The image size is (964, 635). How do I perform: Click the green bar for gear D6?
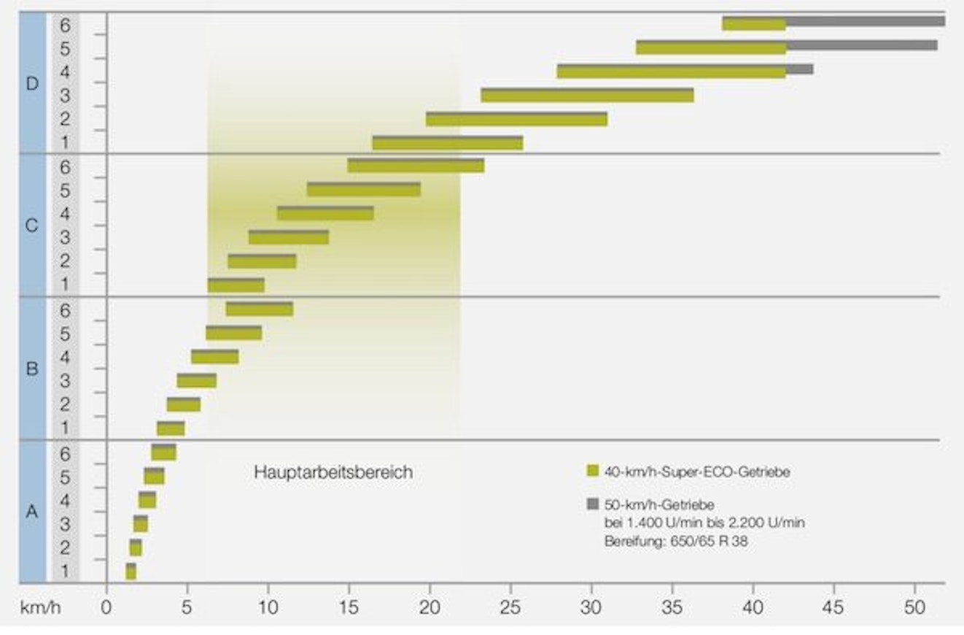[x=753, y=25]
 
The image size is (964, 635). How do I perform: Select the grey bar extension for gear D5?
[x=861, y=45]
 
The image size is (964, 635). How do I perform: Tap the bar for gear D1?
[x=447, y=143]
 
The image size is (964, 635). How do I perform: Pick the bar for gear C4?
[x=325, y=214]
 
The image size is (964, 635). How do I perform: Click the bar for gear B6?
[x=260, y=309]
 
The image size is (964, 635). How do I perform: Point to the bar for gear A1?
[x=131, y=572]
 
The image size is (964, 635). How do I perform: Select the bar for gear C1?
[x=236, y=285]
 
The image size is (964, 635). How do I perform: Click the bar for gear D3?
[x=587, y=96]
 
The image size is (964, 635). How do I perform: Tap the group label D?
[x=31, y=83]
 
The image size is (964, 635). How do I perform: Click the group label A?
[x=31, y=512]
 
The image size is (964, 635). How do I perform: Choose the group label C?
[x=31, y=226]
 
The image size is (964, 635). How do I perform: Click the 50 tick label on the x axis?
[x=914, y=606]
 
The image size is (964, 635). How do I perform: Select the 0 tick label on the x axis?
[x=106, y=606]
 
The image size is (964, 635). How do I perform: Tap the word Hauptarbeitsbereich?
[x=333, y=473]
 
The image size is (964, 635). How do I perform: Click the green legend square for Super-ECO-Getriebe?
[x=592, y=472]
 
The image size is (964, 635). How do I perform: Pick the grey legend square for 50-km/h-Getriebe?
[x=592, y=503]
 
